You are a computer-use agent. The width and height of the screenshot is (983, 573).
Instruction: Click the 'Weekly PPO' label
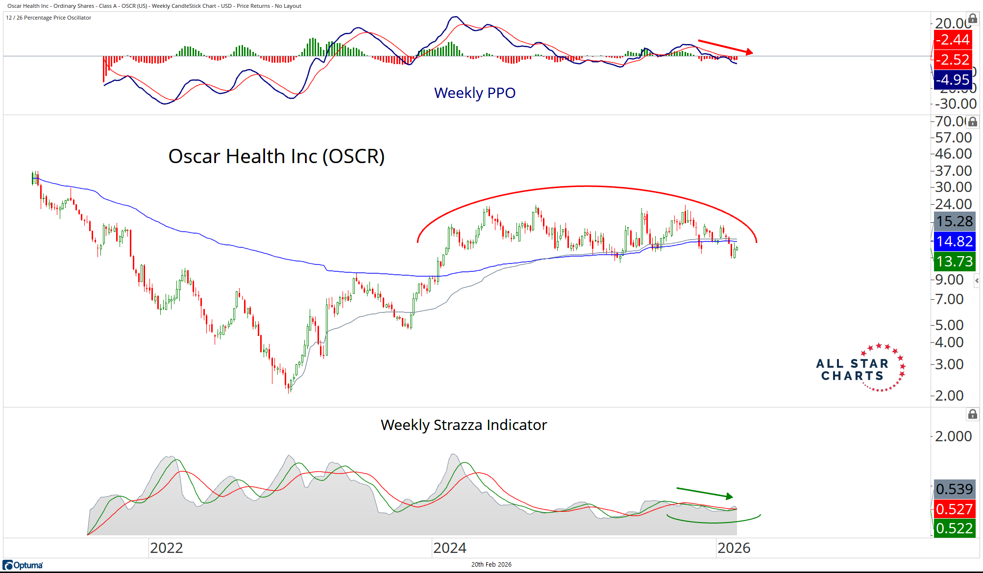coord(474,93)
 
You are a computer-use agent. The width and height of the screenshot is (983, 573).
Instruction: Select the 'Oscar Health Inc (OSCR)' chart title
coord(276,156)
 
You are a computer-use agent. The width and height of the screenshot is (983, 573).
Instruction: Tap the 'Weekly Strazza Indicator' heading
coord(464,425)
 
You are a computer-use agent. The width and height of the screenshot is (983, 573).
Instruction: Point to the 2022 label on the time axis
coord(166,548)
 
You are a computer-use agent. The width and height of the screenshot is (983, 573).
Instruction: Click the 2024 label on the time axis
coord(449,548)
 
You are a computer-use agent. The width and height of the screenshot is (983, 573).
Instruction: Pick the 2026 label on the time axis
coord(734,548)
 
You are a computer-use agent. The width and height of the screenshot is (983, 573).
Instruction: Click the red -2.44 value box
coord(952,39)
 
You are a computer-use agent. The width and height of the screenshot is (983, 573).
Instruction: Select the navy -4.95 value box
coord(952,79)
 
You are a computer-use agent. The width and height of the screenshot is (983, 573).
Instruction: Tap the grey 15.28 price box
coord(954,221)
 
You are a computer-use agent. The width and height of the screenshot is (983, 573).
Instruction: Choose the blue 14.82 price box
coord(954,241)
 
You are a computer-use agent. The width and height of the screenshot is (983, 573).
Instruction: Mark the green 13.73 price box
coord(954,261)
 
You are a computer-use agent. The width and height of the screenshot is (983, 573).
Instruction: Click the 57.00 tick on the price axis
coord(953,138)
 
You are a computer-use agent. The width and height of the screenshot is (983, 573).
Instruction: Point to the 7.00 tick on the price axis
coord(949,299)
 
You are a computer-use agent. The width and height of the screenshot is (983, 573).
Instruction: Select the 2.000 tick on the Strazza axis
coord(953,436)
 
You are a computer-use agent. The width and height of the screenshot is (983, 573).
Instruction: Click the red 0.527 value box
coord(954,509)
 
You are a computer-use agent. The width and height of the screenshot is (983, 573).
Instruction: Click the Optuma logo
coord(23,565)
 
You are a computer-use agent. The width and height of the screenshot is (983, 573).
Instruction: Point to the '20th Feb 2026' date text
coord(491,564)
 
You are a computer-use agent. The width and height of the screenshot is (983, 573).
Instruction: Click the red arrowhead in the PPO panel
coord(749,51)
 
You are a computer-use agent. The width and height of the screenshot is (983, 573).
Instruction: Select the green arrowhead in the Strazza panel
coord(730,496)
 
